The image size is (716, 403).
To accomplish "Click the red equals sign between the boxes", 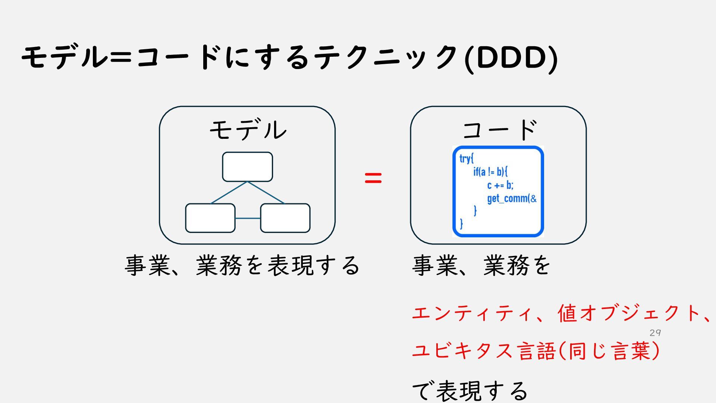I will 373,178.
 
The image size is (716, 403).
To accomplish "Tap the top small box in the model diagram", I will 247,167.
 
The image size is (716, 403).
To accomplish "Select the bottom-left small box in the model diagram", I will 210,218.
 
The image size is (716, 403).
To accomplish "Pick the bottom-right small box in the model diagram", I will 285,218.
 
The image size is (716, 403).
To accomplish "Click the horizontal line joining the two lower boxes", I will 248,218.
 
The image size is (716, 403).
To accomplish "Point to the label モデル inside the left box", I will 248,130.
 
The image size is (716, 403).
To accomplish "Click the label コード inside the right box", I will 499,130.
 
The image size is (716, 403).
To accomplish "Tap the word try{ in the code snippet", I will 466,159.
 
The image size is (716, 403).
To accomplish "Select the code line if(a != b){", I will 490,172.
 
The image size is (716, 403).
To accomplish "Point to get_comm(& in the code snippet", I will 512,199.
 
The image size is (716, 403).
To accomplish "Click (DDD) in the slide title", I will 511,58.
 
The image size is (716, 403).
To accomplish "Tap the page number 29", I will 655,333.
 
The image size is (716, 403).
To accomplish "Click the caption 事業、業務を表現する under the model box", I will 242,266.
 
